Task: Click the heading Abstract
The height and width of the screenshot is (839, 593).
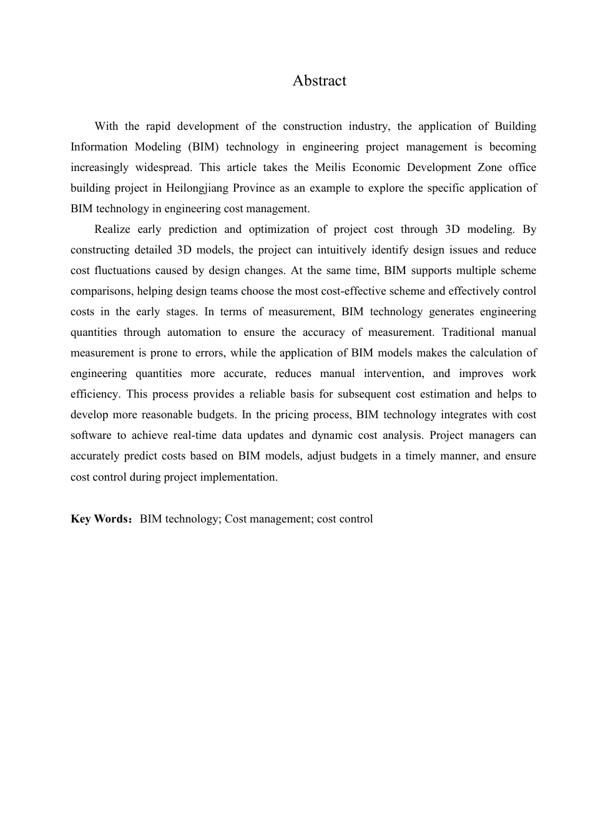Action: [319, 81]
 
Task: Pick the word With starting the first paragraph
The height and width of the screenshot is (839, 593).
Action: [106, 126]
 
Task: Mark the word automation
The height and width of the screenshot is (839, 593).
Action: [194, 332]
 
